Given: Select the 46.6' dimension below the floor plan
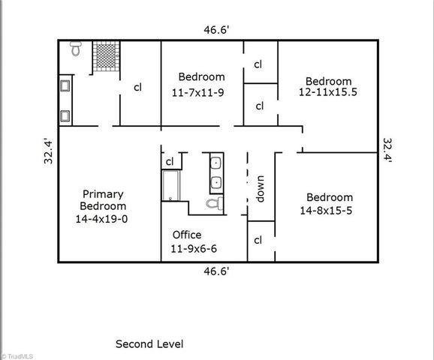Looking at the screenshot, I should [x=217, y=271].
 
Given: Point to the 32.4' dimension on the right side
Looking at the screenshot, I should [x=387, y=150].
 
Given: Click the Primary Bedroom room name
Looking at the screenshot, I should [x=104, y=199].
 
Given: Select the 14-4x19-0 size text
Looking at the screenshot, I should [x=104, y=219].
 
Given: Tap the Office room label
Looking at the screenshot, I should [x=187, y=234].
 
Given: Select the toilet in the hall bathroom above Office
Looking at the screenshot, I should [x=213, y=204].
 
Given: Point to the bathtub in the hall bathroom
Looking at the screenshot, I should [x=171, y=185].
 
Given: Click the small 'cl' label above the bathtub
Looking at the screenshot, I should [x=169, y=160].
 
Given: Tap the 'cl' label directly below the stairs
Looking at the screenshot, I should [x=258, y=240].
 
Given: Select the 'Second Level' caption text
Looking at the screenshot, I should [x=149, y=344].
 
